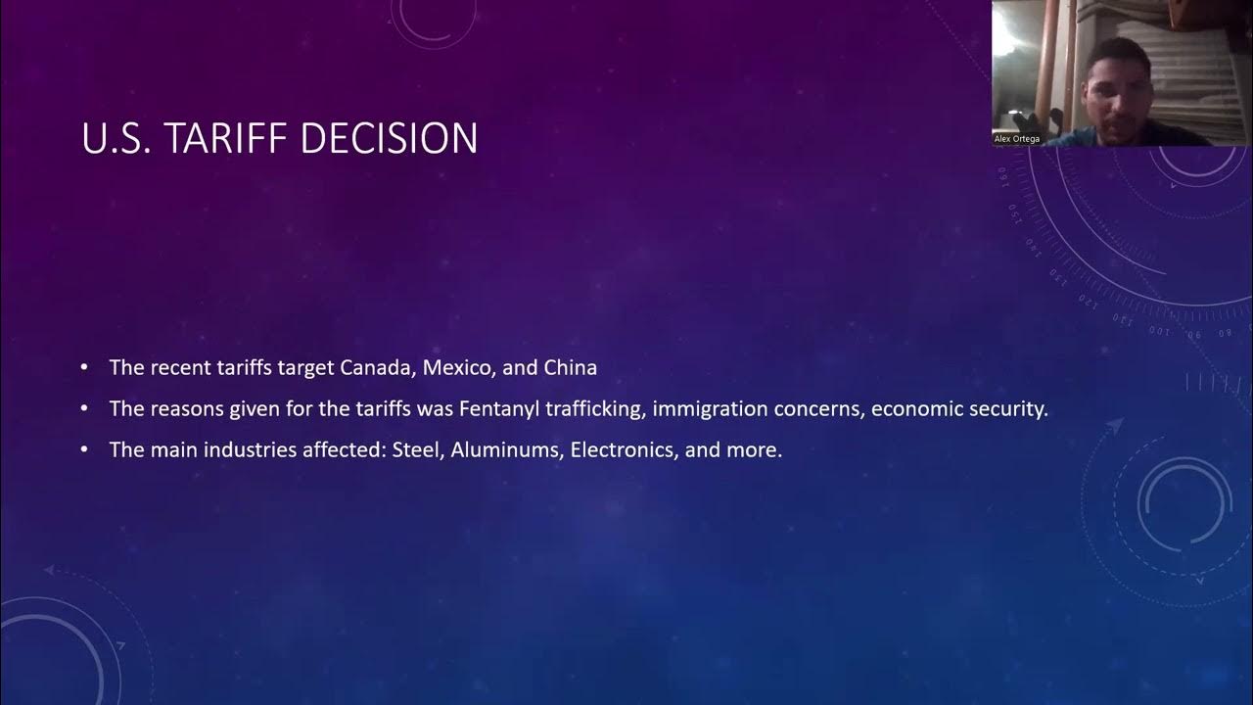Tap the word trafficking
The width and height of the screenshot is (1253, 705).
click(x=596, y=409)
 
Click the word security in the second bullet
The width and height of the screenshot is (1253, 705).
click(x=1008, y=409)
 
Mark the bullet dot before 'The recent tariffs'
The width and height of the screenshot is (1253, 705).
click(x=85, y=368)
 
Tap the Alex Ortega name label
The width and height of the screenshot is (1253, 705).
click(x=1017, y=139)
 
